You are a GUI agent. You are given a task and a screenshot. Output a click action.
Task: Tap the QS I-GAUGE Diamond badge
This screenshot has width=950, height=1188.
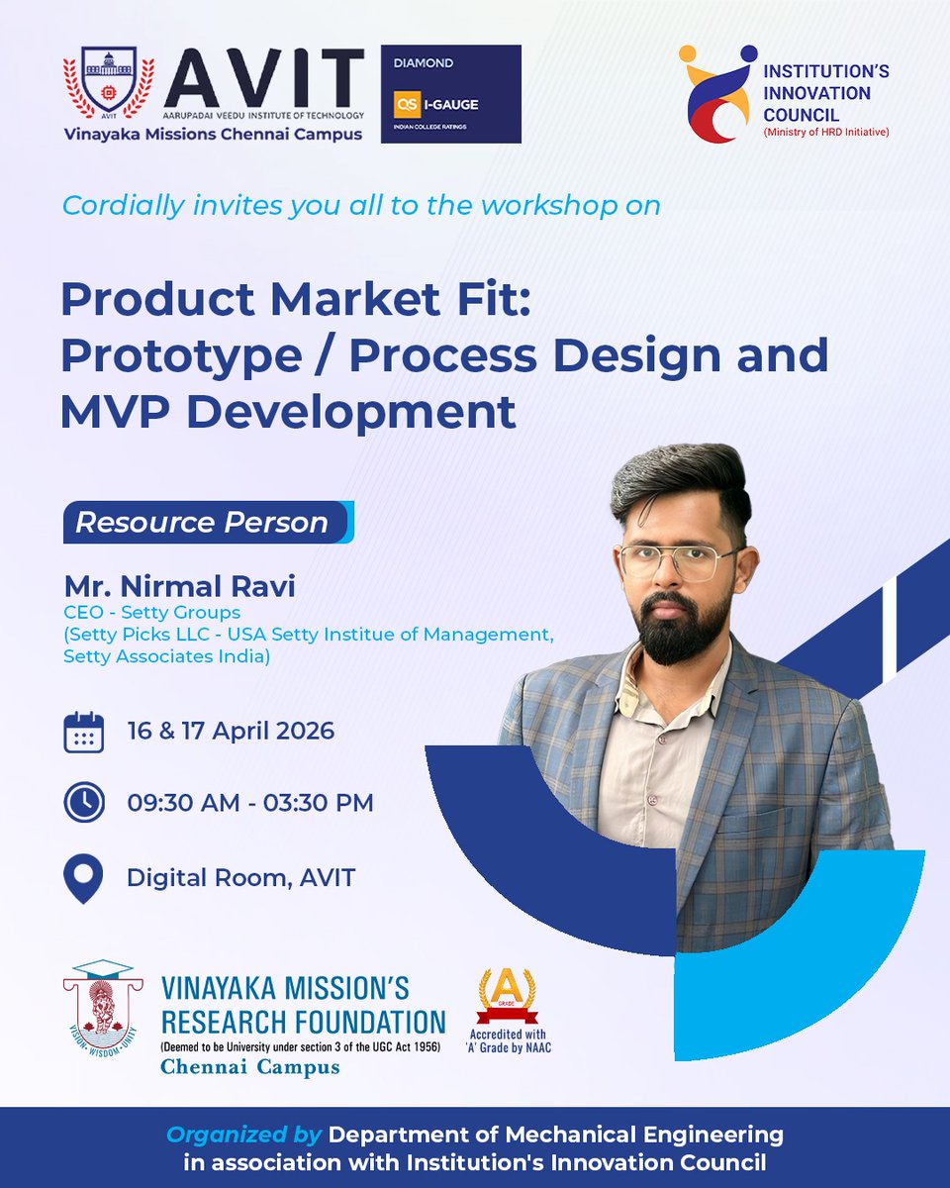pyautogui.click(x=450, y=93)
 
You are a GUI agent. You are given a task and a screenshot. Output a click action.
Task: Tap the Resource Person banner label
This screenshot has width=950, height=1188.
pyautogui.click(x=203, y=523)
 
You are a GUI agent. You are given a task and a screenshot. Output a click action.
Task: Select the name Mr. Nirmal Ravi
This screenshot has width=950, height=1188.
pyautogui.click(x=179, y=586)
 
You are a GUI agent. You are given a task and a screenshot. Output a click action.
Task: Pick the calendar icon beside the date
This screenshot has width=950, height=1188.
pyautogui.click(x=83, y=733)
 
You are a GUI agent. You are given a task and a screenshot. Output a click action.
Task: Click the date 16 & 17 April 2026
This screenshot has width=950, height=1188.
pyautogui.click(x=231, y=732)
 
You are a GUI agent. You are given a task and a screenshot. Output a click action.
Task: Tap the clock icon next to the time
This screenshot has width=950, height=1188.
pyautogui.click(x=83, y=803)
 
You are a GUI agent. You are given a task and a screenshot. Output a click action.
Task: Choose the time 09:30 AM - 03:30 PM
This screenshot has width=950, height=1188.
pyautogui.click(x=250, y=803)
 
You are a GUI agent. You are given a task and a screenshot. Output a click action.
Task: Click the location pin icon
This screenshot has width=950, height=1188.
pyautogui.click(x=83, y=878)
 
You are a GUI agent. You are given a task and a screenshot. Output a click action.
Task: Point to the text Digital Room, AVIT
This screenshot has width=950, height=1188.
pyautogui.click(x=240, y=877)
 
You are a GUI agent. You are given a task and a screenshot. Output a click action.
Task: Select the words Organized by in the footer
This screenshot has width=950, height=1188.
pyautogui.click(x=243, y=1134)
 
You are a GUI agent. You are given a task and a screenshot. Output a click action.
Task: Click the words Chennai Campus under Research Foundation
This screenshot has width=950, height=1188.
pyautogui.click(x=250, y=1067)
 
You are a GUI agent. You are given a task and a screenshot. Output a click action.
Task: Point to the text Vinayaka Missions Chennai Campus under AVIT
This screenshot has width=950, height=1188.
pyautogui.click(x=213, y=135)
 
